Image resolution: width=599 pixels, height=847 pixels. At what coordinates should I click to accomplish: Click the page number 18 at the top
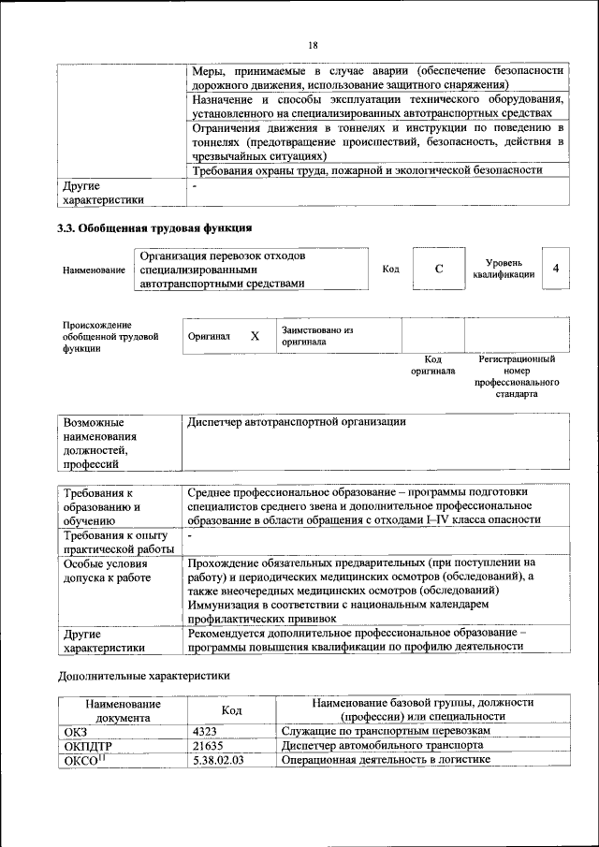point(313,44)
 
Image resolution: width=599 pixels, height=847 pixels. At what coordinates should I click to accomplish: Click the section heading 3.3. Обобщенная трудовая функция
point(154,227)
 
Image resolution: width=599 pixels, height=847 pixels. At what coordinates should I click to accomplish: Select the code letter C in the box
point(438,270)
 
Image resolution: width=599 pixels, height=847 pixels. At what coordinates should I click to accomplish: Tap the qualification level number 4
point(556,269)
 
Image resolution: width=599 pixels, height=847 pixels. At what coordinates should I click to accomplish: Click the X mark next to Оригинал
point(254,335)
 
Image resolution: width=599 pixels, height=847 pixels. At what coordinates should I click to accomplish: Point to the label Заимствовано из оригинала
point(316,336)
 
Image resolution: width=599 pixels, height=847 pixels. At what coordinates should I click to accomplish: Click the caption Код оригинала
point(432,365)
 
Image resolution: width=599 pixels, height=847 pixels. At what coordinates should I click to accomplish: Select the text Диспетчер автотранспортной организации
point(297,422)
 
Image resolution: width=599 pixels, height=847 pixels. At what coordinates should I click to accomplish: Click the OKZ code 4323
point(204,730)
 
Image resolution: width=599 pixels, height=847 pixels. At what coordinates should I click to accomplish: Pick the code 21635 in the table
point(207,745)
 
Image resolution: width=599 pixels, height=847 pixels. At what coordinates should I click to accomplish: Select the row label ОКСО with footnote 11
point(84,760)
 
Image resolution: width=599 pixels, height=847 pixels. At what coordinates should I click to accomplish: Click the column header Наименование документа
point(123,709)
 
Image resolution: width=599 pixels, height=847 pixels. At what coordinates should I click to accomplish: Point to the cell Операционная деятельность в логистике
point(386,760)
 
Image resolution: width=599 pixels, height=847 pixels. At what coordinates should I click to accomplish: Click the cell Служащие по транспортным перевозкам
point(385,730)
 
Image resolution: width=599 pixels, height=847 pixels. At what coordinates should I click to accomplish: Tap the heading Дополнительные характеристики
point(143,675)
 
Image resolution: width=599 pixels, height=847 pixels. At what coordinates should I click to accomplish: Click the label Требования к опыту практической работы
point(117,541)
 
